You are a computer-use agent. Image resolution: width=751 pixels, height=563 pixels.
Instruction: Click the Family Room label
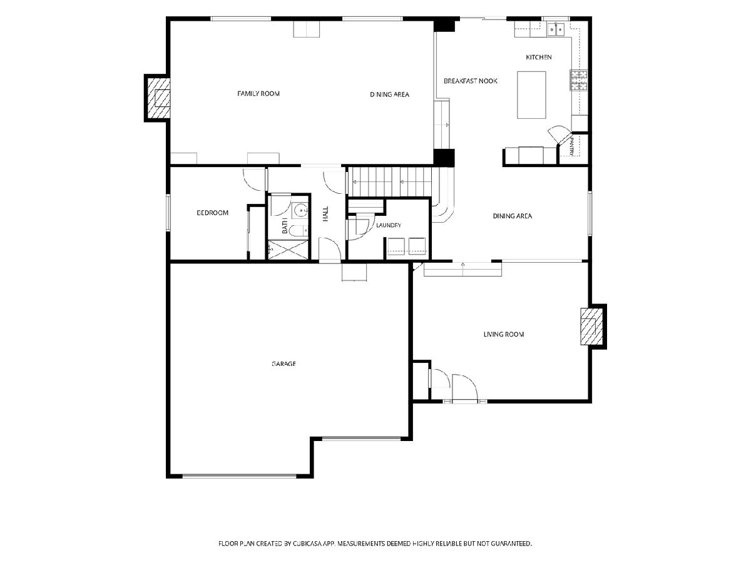tap(258, 93)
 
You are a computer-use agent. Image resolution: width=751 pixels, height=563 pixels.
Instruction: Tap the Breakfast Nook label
tap(471, 81)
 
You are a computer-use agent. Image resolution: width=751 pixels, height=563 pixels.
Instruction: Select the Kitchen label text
tap(539, 57)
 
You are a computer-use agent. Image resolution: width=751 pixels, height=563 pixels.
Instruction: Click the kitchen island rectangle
tap(531, 94)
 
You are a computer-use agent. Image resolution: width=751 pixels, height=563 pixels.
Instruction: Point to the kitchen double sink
tap(556, 29)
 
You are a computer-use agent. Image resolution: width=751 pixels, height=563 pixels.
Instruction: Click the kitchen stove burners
tap(578, 80)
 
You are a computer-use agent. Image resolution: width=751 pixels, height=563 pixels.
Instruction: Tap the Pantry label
tap(572, 146)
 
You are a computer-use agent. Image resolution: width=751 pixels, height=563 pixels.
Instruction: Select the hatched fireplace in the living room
tap(591, 327)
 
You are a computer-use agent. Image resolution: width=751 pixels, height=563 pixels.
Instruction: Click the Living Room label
tap(504, 334)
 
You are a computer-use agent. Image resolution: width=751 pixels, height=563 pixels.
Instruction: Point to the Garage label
tap(284, 363)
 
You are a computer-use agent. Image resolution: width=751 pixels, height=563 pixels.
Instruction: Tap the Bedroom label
tap(212, 213)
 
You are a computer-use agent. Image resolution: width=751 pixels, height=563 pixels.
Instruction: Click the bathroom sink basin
tap(300, 211)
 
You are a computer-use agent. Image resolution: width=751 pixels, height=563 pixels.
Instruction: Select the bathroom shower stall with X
tap(288, 250)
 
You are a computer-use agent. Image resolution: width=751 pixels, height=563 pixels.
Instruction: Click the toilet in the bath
tap(298, 231)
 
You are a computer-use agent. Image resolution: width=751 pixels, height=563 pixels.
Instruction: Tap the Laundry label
tap(389, 225)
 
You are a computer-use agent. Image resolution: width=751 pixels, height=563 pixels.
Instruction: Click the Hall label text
tap(325, 214)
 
